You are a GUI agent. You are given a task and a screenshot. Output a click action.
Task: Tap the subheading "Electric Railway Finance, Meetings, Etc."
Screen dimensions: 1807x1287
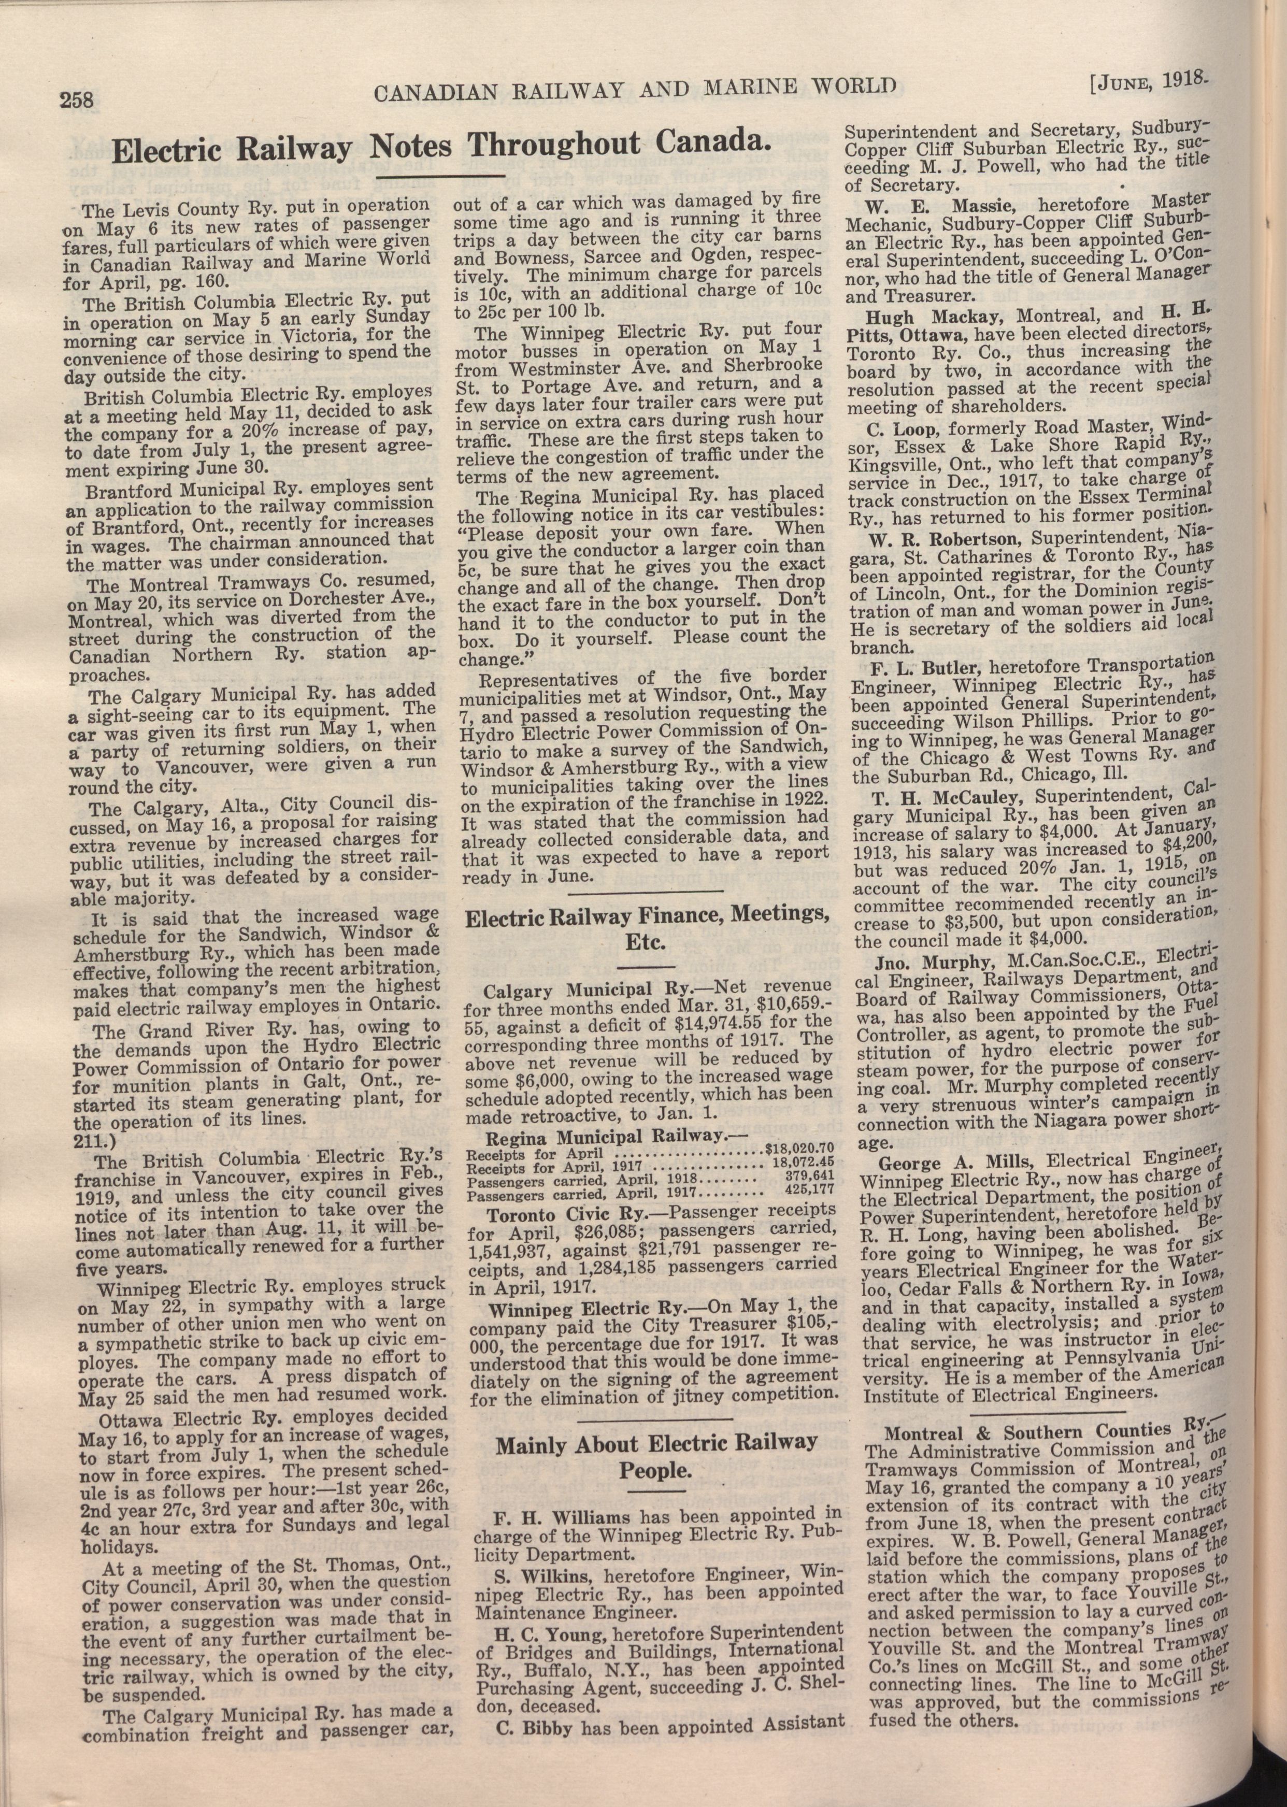(x=646, y=930)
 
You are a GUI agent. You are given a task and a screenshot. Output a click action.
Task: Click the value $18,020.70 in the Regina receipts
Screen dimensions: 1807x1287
(x=799, y=1146)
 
